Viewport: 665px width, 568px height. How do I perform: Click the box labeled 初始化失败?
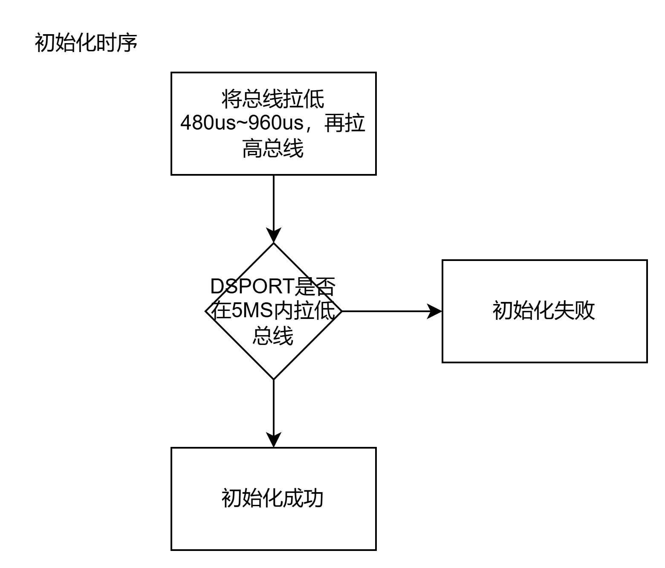point(544,311)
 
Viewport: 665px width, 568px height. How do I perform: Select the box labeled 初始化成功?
point(273,498)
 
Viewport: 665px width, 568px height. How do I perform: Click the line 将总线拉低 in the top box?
point(273,99)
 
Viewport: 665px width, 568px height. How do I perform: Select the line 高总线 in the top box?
point(273,149)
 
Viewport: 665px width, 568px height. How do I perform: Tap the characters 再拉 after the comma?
point(345,124)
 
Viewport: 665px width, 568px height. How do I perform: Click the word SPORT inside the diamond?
point(260,286)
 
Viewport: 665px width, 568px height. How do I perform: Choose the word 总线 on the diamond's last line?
point(273,336)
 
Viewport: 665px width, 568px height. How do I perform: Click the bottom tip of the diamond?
point(274,377)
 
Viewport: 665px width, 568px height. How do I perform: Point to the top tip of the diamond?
point(274,246)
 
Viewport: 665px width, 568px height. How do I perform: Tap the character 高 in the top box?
point(252,149)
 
